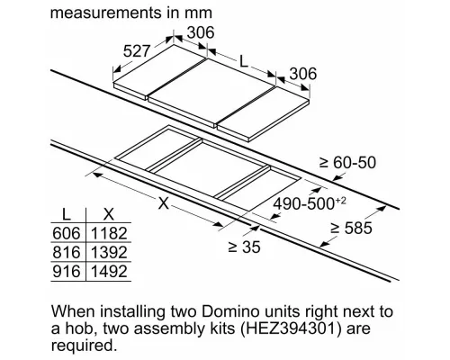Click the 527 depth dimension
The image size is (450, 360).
point(136,51)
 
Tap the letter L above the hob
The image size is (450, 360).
point(244,62)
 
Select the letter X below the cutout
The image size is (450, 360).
point(164,203)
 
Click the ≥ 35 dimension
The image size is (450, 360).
point(244,247)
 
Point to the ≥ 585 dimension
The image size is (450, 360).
point(351,228)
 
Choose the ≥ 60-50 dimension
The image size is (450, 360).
point(347,163)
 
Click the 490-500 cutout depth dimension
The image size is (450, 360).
point(303,204)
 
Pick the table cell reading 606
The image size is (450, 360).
point(67,233)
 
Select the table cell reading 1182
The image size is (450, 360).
point(109,233)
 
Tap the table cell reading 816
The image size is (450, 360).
point(67,252)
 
